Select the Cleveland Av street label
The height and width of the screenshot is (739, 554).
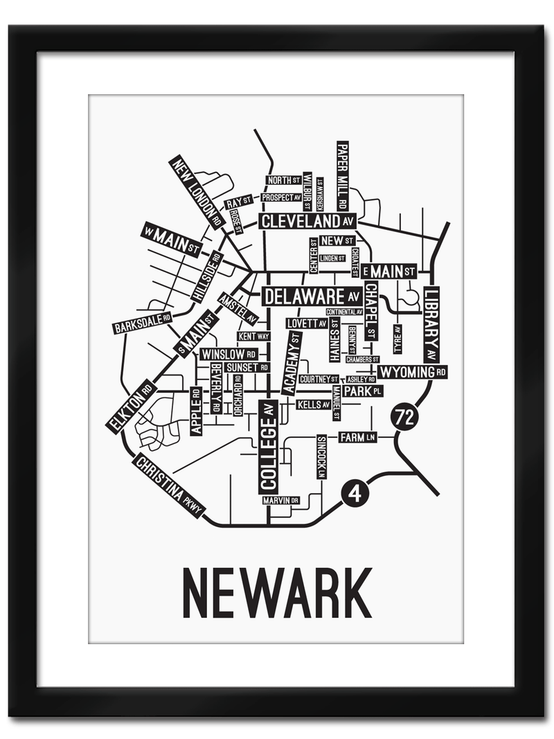point(307,221)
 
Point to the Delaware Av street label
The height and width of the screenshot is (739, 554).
point(312,297)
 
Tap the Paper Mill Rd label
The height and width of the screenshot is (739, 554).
point(342,176)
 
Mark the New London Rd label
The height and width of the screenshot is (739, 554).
point(197,192)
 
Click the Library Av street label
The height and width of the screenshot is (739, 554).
point(431,324)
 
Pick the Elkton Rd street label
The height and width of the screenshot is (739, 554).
point(132,406)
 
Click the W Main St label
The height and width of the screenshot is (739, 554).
point(170,240)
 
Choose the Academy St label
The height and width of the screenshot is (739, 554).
point(292,363)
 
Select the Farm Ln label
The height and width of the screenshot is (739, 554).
point(357,437)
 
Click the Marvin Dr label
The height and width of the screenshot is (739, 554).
point(280,500)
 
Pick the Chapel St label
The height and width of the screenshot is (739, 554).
point(371,311)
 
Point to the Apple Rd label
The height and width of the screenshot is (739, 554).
point(196,411)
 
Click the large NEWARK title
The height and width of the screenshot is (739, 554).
point(277,594)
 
